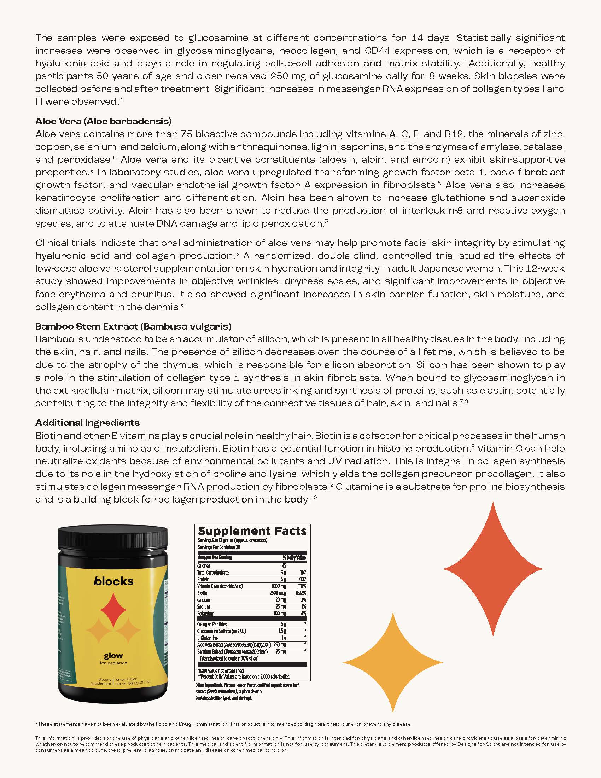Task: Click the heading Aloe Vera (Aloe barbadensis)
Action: tap(103, 121)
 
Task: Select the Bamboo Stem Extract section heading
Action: tap(133, 326)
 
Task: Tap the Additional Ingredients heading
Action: tap(87, 423)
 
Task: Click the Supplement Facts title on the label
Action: tap(252, 531)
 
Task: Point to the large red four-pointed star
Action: tap(493, 569)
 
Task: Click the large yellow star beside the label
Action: tap(393, 662)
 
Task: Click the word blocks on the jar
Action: tap(113, 581)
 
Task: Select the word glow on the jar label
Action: tap(113, 655)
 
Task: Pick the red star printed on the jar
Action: tap(113, 610)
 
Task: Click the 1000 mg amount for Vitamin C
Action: tap(279, 586)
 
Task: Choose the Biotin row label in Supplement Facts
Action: tap(202, 593)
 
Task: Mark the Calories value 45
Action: tap(284, 566)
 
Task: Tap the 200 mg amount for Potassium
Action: tap(280, 614)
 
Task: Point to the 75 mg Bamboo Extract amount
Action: tap(281, 651)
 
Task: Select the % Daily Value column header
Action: tap(294, 558)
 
